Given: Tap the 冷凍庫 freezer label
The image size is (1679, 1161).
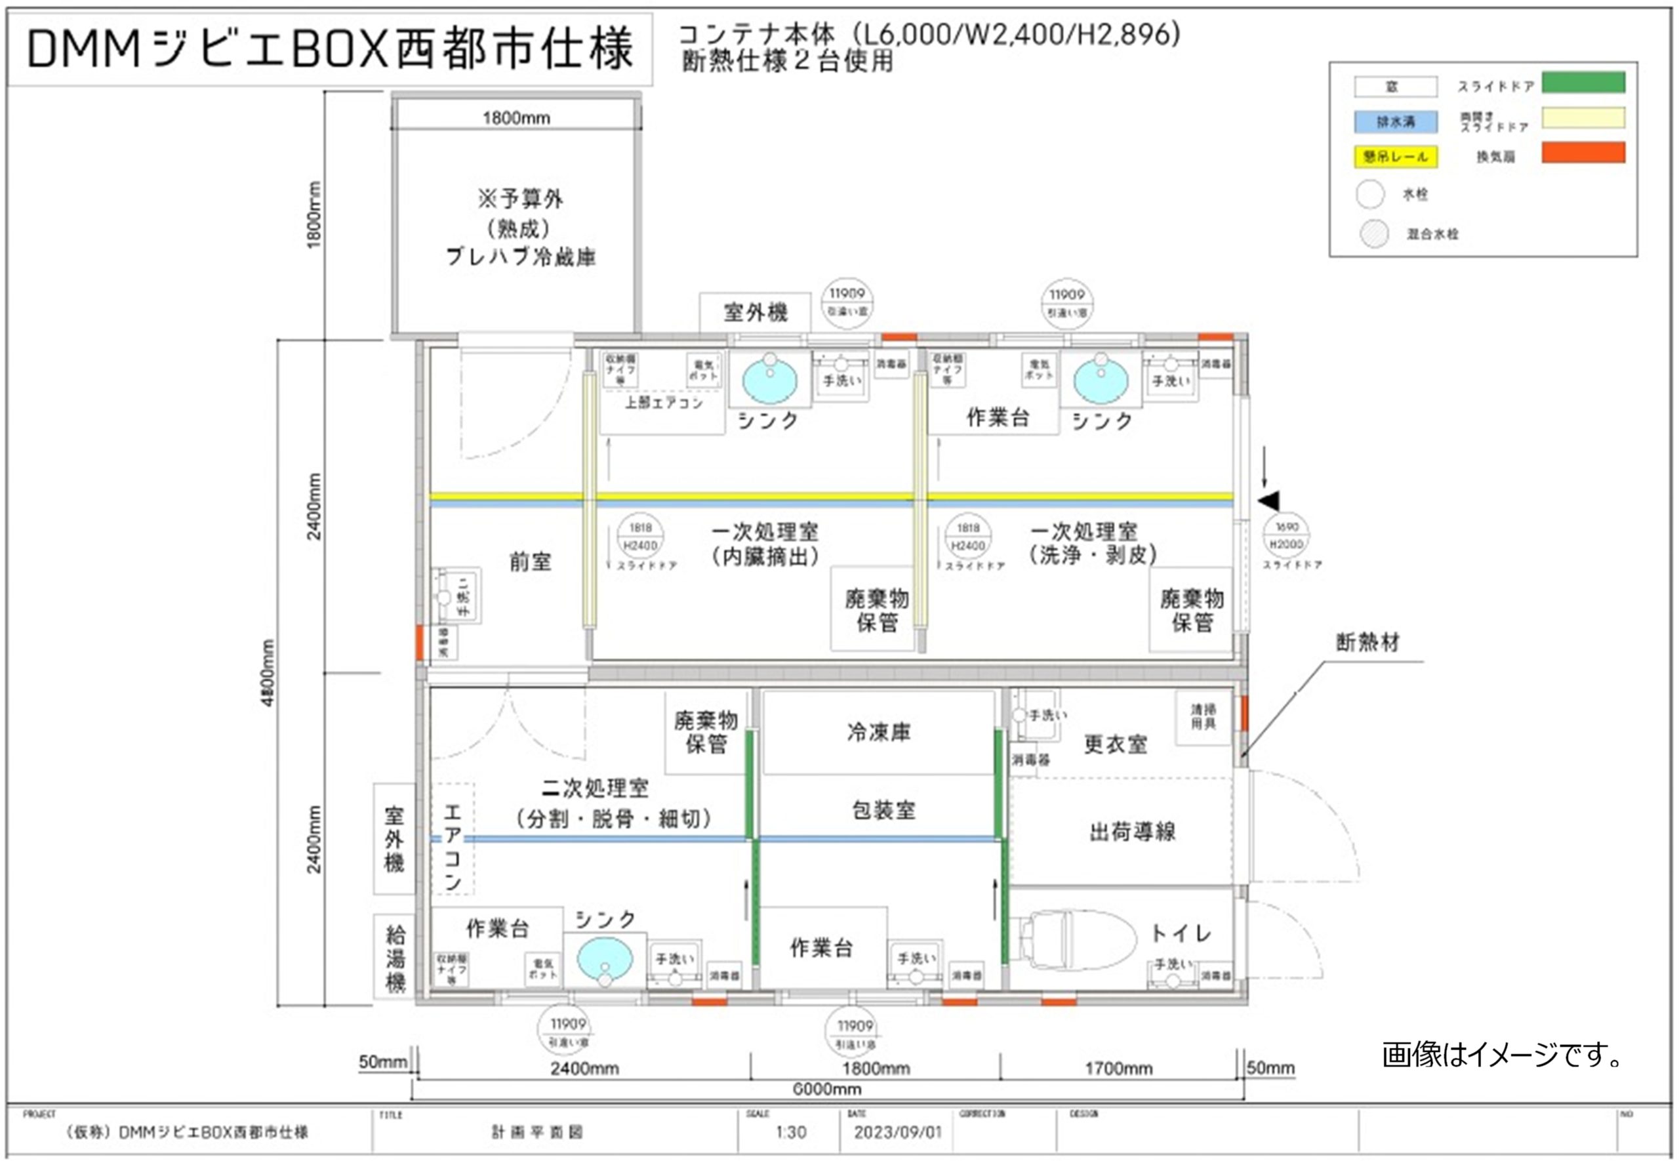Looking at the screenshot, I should click(x=878, y=733).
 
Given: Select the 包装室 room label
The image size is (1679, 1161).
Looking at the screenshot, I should click(x=883, y=809).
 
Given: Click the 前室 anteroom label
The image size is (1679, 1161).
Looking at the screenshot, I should click(x=529, y=561).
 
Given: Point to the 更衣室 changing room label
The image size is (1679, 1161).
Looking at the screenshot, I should click(x=1115, y=744).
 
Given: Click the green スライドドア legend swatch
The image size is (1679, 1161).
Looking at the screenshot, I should click(x=1583, y=83).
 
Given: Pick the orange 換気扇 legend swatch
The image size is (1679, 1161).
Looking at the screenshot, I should click(x=1583, y=153).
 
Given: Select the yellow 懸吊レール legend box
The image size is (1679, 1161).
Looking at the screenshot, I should click(x=1394, y=156).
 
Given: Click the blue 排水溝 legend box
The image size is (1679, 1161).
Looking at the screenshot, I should click(x=1394, y=121).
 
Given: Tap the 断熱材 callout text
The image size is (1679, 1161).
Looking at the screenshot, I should click(x=1367, y=642).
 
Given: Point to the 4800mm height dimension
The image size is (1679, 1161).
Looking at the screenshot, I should click(x=268, y=673).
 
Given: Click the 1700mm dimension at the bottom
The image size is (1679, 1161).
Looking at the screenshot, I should click(x=1118, y=1069).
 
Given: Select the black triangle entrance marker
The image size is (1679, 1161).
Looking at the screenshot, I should click(x=1268, y=500).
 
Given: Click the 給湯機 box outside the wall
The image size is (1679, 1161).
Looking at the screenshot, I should click(x=394, y=956).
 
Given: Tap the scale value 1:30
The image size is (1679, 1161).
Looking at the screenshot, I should click(x=790, y=1133).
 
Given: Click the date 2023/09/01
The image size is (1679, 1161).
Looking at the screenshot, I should click(x=897, y=1133).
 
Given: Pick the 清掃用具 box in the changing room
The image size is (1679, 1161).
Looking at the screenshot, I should click(x=1203, y=715).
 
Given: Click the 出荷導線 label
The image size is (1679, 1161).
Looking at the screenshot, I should click(x=1131, y=832).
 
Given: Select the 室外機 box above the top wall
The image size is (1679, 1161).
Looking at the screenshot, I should click(x=755, y=313).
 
